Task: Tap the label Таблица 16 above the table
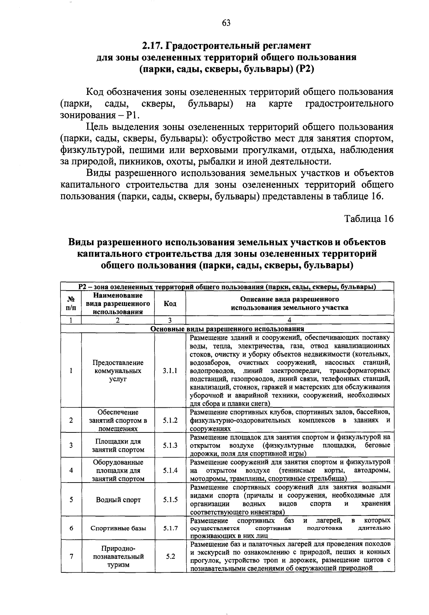coord(369,218)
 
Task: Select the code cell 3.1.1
coord(170,371)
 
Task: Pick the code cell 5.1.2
coord(170,420)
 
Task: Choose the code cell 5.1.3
coord(170,445)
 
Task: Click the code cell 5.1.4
coord(170,470)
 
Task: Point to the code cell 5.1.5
coord(170,500)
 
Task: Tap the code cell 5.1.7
coord(170,528)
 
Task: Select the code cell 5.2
coord(170,557)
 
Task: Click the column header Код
coord(170,304)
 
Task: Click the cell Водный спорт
coord(118,500)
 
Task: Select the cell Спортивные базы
coord(118,528)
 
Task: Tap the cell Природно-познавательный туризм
coord(118,557)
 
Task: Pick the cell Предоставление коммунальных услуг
coord(118,371)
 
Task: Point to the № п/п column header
coord(71,304)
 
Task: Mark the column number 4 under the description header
coord(290,320)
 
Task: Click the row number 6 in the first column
coord(71,528)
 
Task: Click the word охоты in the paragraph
coord(178,161)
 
